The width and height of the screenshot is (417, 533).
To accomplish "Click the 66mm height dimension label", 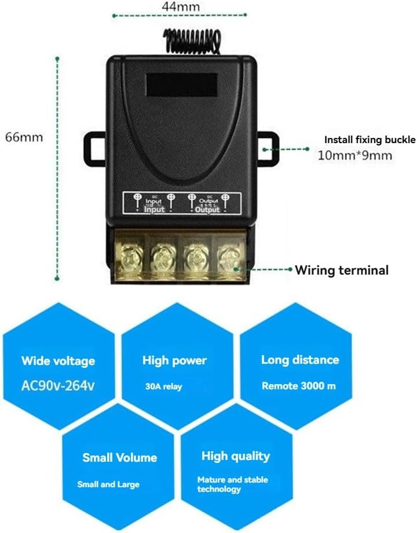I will (24, 137).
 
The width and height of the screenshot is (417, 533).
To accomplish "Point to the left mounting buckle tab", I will (96, 148).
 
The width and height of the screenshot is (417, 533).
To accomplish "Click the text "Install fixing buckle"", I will (370, 140).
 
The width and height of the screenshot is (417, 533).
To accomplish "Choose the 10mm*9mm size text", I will (355, 156).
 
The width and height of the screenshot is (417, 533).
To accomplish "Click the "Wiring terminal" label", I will (342, 270).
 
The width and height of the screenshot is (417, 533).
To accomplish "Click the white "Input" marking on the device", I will (154, 210).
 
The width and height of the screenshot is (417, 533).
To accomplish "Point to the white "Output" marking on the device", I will (207, 210).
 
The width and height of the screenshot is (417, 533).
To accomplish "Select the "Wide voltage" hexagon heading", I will (58, 362).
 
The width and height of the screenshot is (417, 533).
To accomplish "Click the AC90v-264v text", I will (58, 385).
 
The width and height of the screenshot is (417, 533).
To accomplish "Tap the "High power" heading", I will (174, 360).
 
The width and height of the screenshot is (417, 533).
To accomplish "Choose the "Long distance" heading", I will (300, 360).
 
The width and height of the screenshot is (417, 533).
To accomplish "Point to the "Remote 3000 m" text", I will (298, 386).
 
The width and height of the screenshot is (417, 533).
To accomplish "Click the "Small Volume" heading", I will (119, 458).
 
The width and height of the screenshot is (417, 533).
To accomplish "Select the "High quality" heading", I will (236, 457).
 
